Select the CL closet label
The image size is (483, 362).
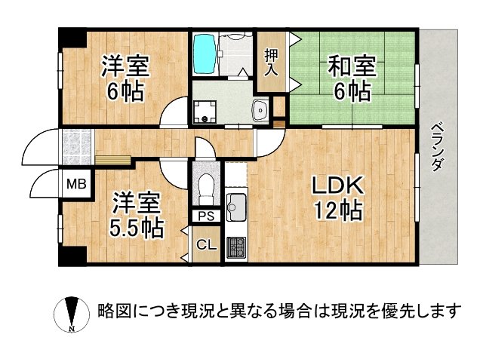(205, 244)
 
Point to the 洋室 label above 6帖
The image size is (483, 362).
(126, 67)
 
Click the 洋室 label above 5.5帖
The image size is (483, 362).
(137, 202)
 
